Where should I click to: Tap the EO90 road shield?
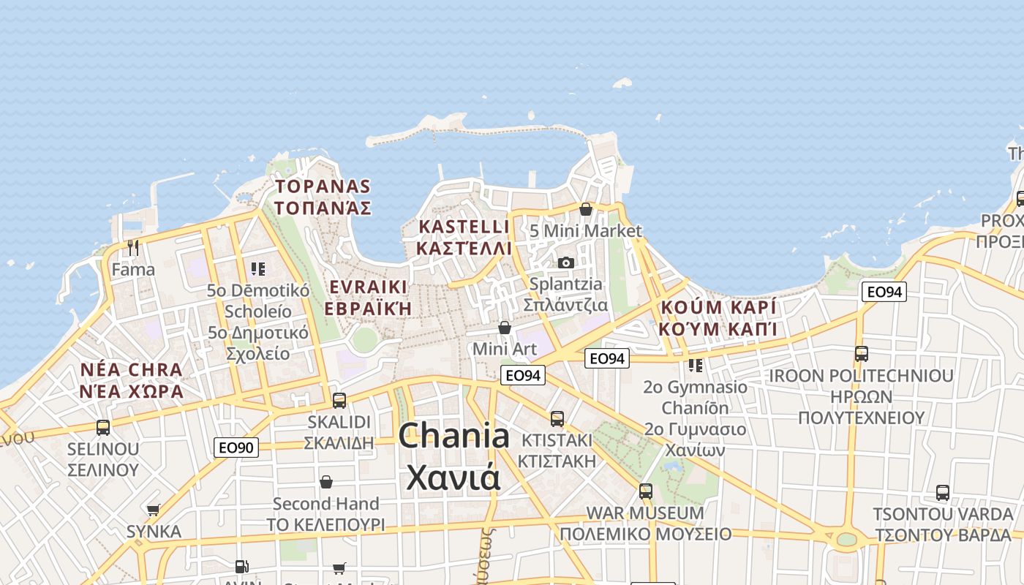(x=236, y=447)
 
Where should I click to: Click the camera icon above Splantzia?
(x=565, y=263)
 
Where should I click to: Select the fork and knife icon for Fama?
(x=132, y=248)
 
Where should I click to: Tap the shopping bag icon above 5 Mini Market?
(x=585, y=209)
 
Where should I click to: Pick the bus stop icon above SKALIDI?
(x=339, y=400)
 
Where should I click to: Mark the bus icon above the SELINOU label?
(x=103, y=427)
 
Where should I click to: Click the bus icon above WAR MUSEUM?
(x=645, y=491)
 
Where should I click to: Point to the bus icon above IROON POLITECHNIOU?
(x=861, y=354)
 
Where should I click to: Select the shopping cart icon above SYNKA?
(x=153, y=510)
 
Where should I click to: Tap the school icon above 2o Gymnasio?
(x=695, y=364)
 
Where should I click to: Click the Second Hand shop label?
(x=325, y=504)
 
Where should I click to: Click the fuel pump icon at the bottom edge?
(x=241, y=566)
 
